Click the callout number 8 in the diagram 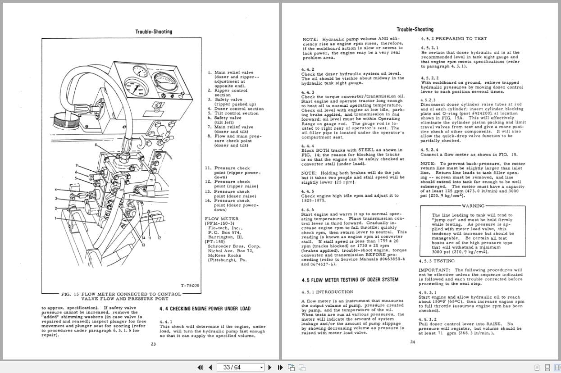tap(96, 145)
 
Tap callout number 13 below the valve tap(143, 245)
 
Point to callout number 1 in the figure tap(56, 218)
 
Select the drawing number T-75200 tap(190, 285)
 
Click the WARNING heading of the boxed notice tap(473, 206)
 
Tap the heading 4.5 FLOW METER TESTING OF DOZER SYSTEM tap(350, 280)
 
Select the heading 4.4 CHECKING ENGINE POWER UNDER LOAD tap(205, 309)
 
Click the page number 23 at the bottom tap(154, 344)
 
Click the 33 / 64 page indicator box tap(239, 367)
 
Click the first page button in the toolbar tap(200, 367)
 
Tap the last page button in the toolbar tap(279, 367)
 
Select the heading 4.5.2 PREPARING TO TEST tap(454, 39)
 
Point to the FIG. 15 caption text tap(121, 296)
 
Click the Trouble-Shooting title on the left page tap(154, 32)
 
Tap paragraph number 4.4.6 tap(307, 209)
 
